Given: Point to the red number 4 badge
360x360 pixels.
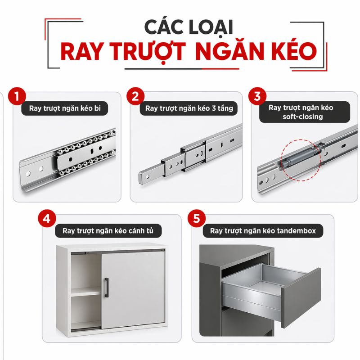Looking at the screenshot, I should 46,219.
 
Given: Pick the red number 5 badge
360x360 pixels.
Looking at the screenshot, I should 196,219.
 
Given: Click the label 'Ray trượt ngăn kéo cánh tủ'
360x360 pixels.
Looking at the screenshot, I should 106,231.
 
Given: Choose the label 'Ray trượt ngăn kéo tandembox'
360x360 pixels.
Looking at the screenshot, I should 263,231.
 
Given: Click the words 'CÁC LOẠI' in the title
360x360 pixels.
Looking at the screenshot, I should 188,28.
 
